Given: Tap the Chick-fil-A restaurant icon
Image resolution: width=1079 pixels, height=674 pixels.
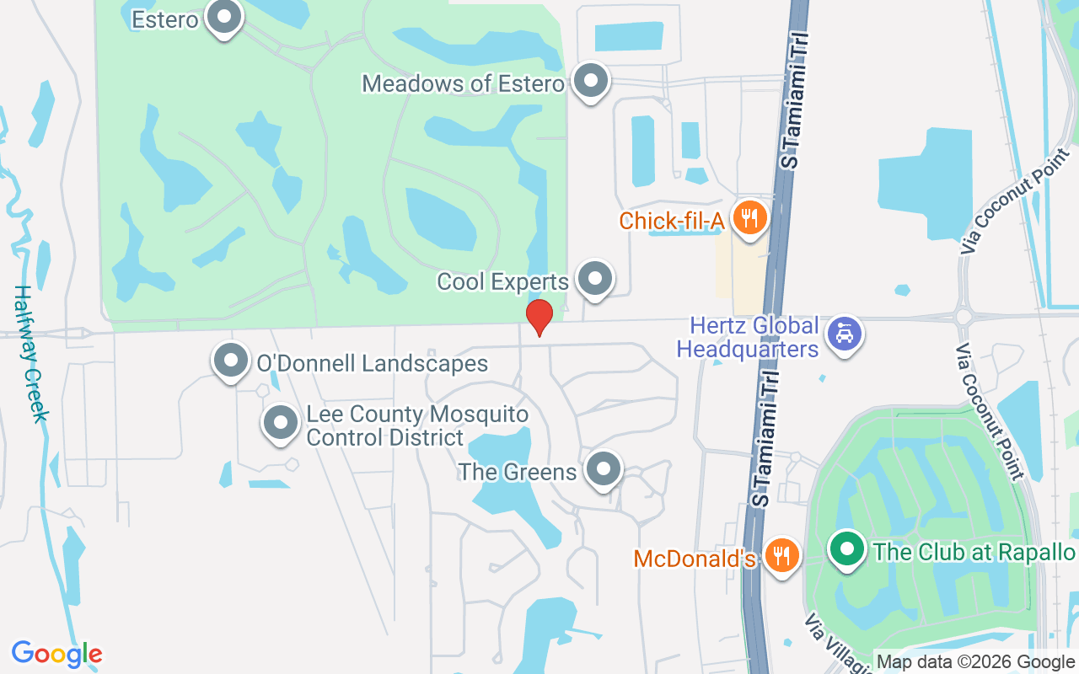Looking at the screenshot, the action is pyautogui.click(x=747, y=218).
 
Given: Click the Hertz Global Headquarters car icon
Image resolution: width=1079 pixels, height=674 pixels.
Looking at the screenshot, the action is pyautogui.click(x=842, y=334).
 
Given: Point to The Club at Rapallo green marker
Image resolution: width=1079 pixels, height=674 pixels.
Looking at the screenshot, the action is pyautogui.click(x=847, y=550).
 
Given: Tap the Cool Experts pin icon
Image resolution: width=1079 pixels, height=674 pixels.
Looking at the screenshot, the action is pyautogui.click(x=595, y=279).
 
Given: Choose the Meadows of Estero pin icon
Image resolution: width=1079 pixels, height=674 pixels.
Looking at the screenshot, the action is pyautogui.click(x=590, y=82).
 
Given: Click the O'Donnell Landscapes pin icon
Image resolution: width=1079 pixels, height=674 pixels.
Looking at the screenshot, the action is pyautogui.click(x=230, y=361).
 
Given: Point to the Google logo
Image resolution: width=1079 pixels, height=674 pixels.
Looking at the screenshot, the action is pyautogui.click(x=56, y=654).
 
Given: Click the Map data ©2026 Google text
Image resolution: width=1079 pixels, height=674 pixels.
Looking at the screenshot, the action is pyautogui.click(x=975, y=662).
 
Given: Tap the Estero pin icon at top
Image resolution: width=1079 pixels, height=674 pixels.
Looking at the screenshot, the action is pyautogui.click(x=224, y=17).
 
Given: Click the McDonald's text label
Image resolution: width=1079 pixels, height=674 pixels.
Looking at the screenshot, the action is pyautogui.click(x=695, y=559).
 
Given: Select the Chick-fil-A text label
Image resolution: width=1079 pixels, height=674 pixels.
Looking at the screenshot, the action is pyautogui.click(x=672, y=221).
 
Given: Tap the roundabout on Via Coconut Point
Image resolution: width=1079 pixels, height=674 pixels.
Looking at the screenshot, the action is pyautogui.click(x=963, y=317).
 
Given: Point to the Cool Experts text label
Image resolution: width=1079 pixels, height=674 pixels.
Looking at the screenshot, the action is pyautogui.click(x=502, y=281).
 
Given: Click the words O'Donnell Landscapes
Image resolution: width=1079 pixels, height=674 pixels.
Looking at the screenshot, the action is pyautogui.click(x=372, y=364).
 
